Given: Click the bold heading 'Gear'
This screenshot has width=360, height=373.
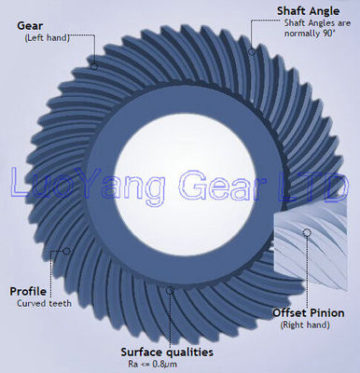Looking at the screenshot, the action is click(x=32, y=25).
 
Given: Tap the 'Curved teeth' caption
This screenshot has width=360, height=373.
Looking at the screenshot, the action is click(x=41, y=304).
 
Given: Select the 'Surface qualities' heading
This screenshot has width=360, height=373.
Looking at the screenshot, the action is click(x=167, y=352).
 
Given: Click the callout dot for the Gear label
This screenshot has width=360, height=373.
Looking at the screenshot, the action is click(x=93, y=65).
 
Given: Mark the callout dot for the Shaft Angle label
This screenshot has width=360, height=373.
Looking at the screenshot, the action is click(x=252, y=52).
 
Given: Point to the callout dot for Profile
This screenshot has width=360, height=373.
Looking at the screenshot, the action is click(x=66, y=251).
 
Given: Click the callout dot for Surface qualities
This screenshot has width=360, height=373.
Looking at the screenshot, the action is click(x=169, y=291).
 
